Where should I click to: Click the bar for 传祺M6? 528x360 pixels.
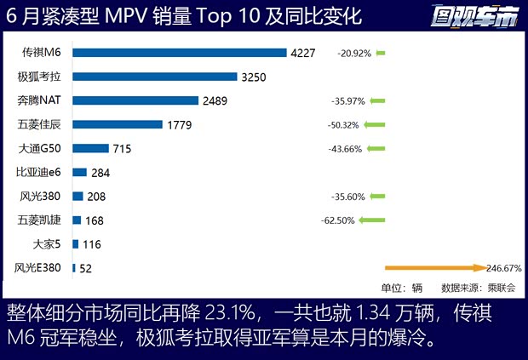pyautogui.click(x=179, y=53)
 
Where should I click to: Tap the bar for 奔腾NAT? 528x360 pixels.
pyautogui.click(x=135, y=100)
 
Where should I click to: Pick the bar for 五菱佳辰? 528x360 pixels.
pyautogui.click(x=118, y=124)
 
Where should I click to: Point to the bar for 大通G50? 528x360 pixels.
pyautogui.click(x=90, y=148)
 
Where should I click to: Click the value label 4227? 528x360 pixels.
pyautogui.click(x=303, y=53)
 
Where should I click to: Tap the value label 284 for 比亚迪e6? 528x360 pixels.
pyautogui.click(x=101, y=173)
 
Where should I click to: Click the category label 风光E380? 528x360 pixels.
pyautogui.click(x=41, y=268)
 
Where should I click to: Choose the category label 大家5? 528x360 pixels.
pyautogui.click(x=48, y=244)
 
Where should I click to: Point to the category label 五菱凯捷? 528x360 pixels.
pyautogui.click(x=41, y=220)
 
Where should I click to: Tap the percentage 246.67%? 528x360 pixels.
pyautogui.click(x=503, y=268)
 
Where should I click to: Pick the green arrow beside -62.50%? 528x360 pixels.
pyautogui.click(x=372, y=220)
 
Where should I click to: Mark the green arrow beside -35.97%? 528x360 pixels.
pyautogui.click(x=376, y=101)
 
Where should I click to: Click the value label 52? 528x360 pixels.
pyautogui.click(x=85, y=268)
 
